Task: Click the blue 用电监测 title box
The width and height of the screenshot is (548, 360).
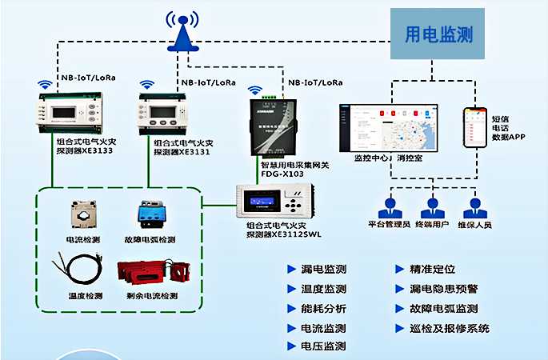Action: (x=438, y=34)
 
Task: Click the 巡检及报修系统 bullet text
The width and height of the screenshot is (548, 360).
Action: (x=449, y=328)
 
